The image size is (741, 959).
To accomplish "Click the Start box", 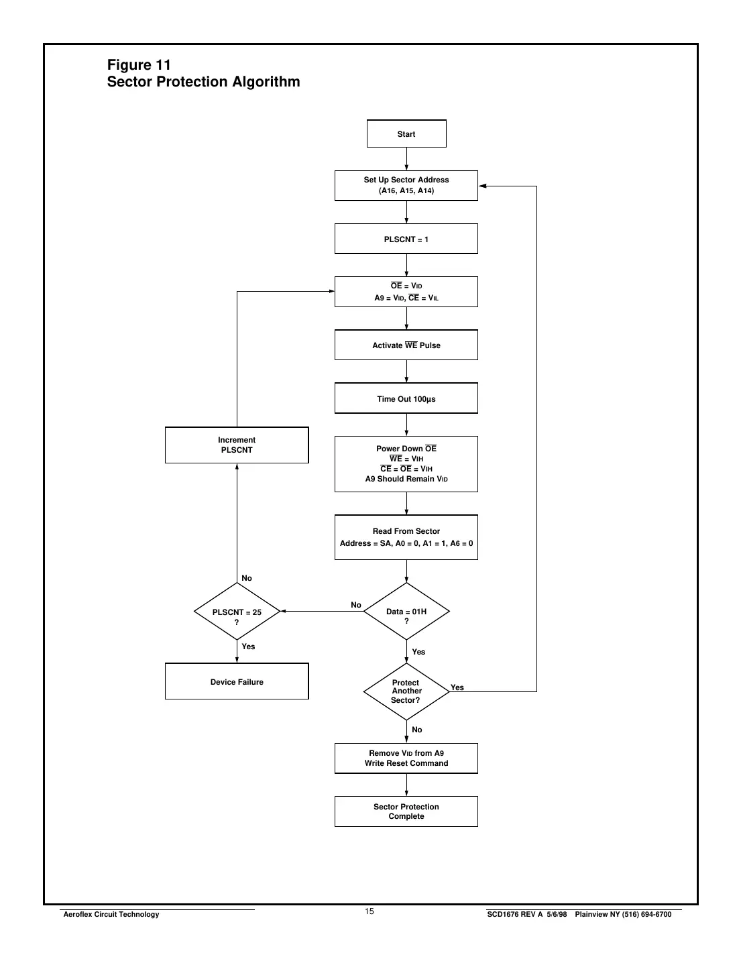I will [x=406, y=134].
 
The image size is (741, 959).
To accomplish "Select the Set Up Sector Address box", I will [x=406, y=186].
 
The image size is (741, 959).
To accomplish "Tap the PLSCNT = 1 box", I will [x=406, y=239].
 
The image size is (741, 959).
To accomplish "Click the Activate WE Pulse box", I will [x=406, y=345].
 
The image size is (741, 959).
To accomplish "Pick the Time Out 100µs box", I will [x=406, y=399].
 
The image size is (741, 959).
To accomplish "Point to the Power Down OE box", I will [x=406, y=464].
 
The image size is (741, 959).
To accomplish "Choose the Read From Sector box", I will [x=406, y=537].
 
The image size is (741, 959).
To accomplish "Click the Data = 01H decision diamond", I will [x=406, y=612].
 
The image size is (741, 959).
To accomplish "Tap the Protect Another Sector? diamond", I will [x=406, y=691].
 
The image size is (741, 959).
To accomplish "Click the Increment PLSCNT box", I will [x=237, y=445].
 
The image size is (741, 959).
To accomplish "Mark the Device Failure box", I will [x=237, y=682].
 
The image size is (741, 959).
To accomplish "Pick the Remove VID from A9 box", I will [x=406, y=758].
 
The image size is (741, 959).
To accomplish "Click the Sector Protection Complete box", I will [x=406, y=811].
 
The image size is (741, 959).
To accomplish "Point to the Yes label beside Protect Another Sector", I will [x=457, y=687].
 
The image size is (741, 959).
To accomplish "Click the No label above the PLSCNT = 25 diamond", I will [x=247, y=578].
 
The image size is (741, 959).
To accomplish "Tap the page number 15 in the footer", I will [x=369, y=911].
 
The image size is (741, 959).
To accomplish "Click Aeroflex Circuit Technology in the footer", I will [x=111, y=915].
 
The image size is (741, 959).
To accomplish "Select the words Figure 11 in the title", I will [x=139, y=65].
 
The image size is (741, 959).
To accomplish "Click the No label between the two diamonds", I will [x=356, y=605].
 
